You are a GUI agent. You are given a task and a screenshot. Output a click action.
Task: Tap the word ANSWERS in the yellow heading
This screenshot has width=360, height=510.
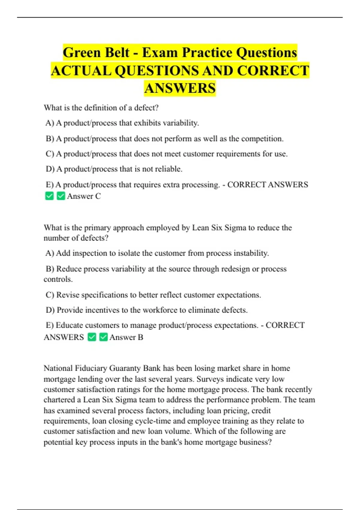coord(180,88)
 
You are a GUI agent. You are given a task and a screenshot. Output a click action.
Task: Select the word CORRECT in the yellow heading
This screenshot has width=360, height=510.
coord(273,71)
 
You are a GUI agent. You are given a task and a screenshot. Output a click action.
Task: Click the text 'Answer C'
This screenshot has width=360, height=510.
coord(84,196)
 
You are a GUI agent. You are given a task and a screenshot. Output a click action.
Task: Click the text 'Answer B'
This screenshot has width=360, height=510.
coord(126,337)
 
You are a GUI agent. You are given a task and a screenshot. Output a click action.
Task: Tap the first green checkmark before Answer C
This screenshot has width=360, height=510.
coord(49,196)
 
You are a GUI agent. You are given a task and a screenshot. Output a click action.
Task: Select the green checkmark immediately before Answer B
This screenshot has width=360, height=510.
coord(103,337)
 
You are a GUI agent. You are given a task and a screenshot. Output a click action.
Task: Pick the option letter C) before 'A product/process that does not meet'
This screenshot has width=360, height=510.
coord(50,154)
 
